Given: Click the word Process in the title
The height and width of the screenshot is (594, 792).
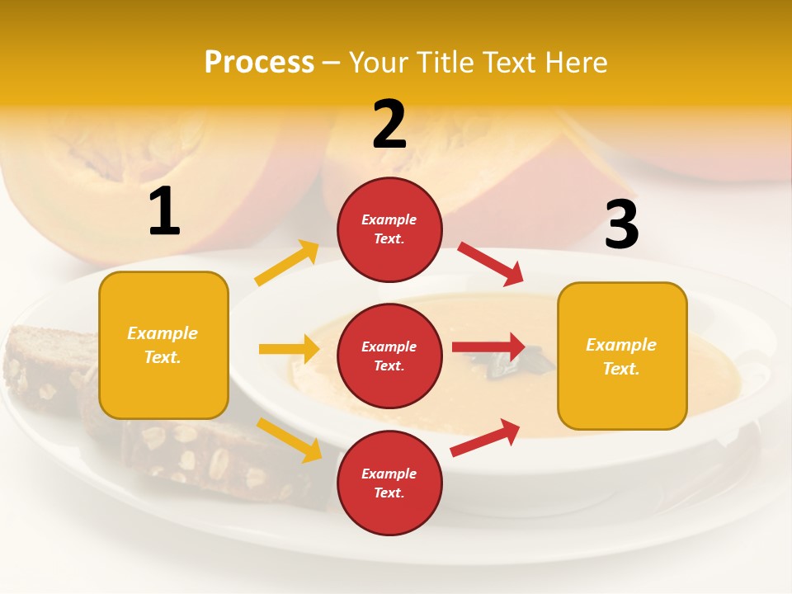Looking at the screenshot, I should pyautogui.click(x=259, y=63).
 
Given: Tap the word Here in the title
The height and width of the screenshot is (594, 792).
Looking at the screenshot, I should pyautogui.click(x=574, y=63).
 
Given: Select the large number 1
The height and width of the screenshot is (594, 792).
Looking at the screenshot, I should pyautogui.click(x=164, y=212).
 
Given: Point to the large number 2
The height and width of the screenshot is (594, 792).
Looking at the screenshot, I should pyautogui.click(x=389, y=125).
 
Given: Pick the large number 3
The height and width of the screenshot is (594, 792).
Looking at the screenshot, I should pyautogui.click(x=621, y=225).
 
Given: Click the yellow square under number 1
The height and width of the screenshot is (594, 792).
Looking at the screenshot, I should pyautogui.click(x=163, y=345).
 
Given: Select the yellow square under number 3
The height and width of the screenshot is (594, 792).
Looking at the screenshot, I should pyautogui.click(x=622, y=356).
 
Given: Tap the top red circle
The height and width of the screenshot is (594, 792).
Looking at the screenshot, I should pyautogui.click(x=389, y=229).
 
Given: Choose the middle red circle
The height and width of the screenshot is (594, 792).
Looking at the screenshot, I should pyautogui.click(x=389, y=356).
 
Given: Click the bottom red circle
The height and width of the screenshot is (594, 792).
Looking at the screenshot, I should pyautogui.click(x=389, y=483).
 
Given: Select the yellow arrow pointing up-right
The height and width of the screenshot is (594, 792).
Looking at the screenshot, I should pyautogui.click(x=287, y=263).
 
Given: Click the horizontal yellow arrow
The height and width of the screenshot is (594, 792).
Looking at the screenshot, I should pyautogui.click(x=289, y=349).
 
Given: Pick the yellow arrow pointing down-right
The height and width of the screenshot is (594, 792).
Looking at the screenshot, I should pyautogui.click(x=289, y=440).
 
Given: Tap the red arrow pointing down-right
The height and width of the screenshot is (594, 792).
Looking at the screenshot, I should pyautogui.click(x=491, y=263).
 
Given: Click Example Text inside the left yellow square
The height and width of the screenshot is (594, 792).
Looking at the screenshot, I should pyautogui.click(x=163, y=345).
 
